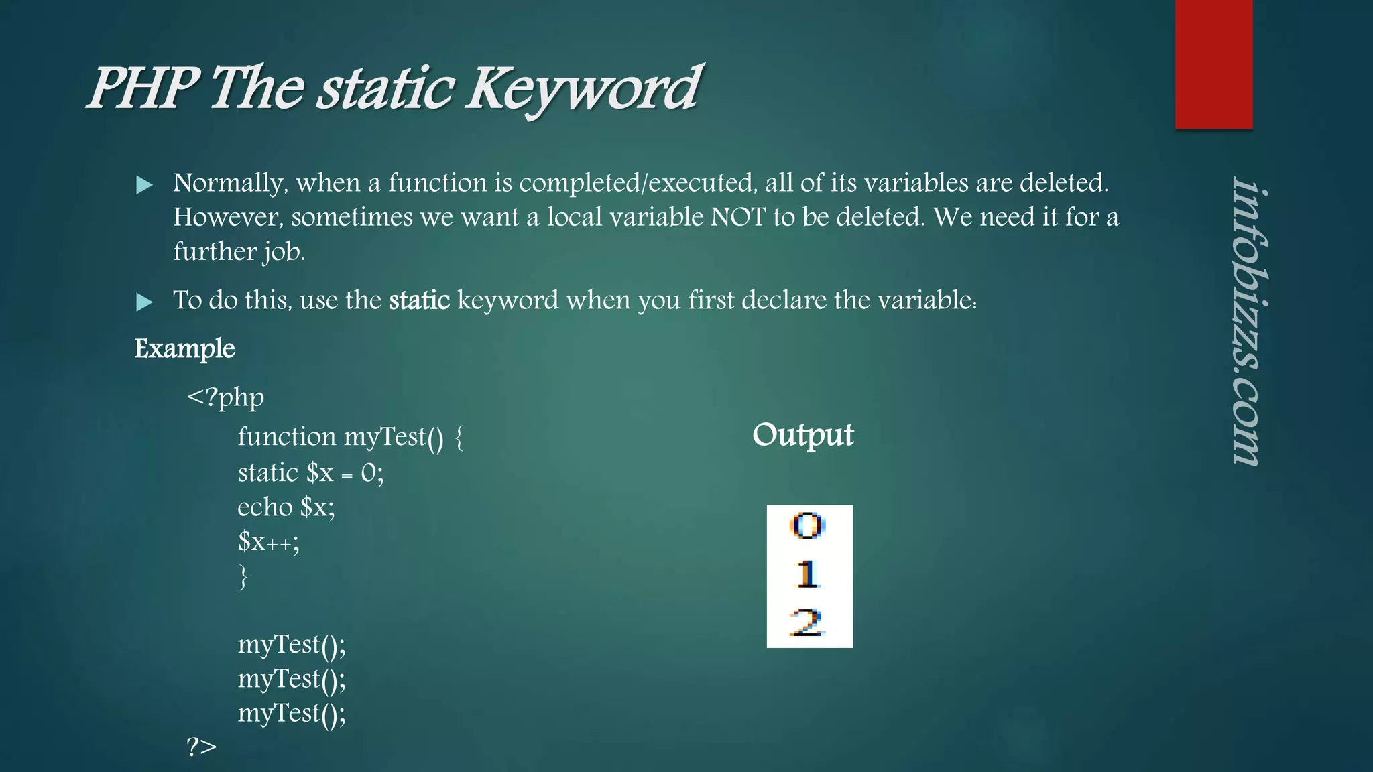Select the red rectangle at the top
pyautogui.click(x=1213, y=64)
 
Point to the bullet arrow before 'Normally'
pyautogui.click(x=144, y=185)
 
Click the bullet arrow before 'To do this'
pyautogui.click(x=144, y=302)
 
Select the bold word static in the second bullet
pyautogui.click(x=419, y=300)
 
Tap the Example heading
pyautogui.click(x=185, y=348)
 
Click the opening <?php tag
pyautogui.click(x=225, y=397)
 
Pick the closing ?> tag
pyautogui.click(x=202, y=746)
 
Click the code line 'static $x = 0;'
pyautogui.click(x=310, y=473)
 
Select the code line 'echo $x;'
pyautogui.click(x=286, y=507)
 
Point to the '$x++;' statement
pyautogui.click(x=268, y=541)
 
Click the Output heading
pyautogui.click(x=803, y=436)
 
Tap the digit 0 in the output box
pyautogui.click(x=807, y=526)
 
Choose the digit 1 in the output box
pyautogui.click(x=807, y=574)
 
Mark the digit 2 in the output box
pyautogui.click(x=807, y=623)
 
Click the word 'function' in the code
pyautogui.click(x=286, y=437)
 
